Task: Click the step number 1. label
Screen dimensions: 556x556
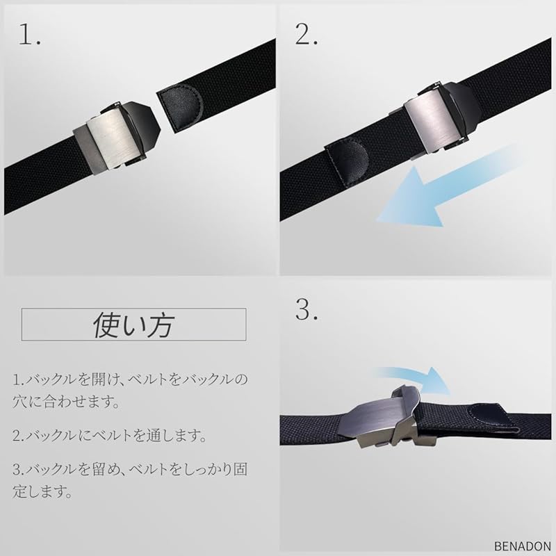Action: (28, 35)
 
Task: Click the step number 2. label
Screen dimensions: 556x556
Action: (306, 34)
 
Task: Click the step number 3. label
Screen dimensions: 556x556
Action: (306, 311)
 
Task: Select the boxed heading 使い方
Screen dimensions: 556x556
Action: (134, 325)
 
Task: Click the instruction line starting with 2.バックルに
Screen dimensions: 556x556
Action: (109, 436)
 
